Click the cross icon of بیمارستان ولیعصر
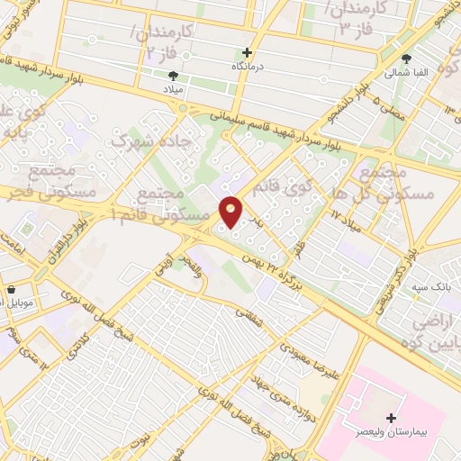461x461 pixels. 391,418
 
